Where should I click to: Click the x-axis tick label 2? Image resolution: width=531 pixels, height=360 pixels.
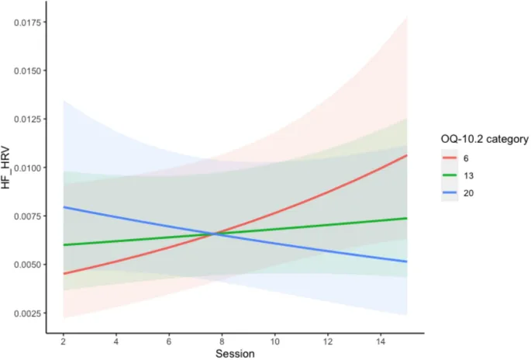pos(63,341)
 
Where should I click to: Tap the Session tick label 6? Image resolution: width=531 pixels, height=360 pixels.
pos(169,341)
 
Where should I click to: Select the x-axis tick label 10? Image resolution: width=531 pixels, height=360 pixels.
pos(274,341)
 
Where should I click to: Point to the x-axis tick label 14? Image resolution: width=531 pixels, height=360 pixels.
pos(381,341)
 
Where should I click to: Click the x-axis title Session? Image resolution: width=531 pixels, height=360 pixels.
pos(235,354)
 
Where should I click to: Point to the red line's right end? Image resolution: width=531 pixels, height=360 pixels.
pos(407,155)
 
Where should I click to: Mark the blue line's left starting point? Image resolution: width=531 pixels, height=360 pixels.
pos(63,207)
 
